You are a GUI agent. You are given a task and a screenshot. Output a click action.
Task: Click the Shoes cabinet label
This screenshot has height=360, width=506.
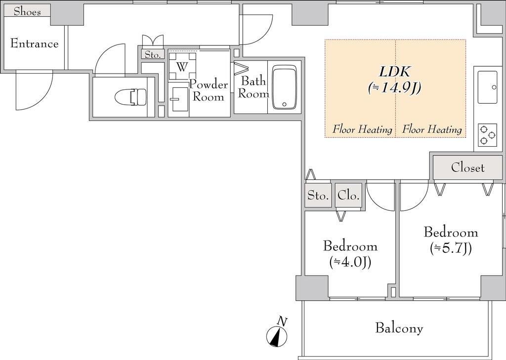pos(27,12)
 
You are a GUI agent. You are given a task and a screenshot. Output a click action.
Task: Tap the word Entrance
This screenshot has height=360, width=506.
pos(34,43)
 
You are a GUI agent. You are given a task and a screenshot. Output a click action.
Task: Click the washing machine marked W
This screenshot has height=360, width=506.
pos(182,66)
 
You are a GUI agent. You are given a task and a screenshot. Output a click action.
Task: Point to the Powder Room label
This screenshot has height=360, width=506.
pos(209,90)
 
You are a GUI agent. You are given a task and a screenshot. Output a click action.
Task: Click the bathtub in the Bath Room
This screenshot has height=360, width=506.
pos(284,87)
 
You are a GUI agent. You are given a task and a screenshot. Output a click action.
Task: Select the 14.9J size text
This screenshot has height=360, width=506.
pos(394,87)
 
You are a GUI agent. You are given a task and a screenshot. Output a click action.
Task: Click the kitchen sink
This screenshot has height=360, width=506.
pos(487,87)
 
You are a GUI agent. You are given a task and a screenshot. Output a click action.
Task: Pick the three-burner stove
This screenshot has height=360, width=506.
pos(487,135)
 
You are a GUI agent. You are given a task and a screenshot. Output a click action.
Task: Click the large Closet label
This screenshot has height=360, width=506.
pos(467,167)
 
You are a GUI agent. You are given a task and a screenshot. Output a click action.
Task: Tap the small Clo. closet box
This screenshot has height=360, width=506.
pos(348,196)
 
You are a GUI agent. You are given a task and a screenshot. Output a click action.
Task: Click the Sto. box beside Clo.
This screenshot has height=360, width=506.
pos(318,196)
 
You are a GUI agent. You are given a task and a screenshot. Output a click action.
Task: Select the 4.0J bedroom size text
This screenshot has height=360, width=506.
pos(350,262)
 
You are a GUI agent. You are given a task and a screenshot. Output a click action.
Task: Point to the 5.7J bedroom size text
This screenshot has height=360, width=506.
pos(451,248)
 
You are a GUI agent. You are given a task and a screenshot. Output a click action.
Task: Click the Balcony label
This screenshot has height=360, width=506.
pos(399,328)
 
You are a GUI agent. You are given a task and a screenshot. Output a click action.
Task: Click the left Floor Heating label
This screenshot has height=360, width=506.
pos(362,129)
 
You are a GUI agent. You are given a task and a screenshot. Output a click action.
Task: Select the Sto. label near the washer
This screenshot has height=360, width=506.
pos(152,55)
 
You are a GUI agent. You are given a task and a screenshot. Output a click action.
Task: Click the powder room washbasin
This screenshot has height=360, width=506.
pos(178,99)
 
